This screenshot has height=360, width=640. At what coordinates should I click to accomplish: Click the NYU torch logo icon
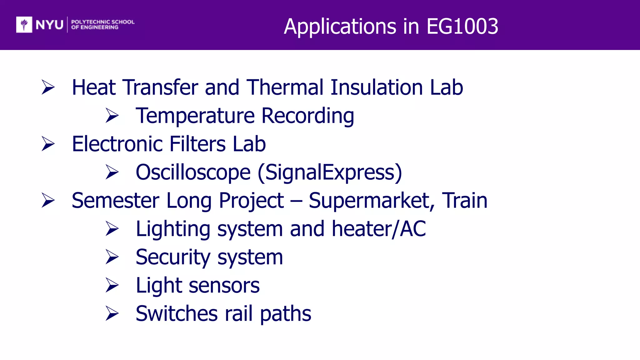pyautogui.click(x=24, y=24)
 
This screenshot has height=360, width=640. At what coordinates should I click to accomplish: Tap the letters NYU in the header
pyautogui.click(x=49, y=25)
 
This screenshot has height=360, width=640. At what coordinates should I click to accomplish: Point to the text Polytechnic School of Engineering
pyautogui.click(x=102, y=24)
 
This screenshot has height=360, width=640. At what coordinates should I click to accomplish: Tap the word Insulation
pyautogui.click(x=377, y=87)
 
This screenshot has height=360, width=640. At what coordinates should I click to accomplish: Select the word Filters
pyautogui.click(x=197, y=144)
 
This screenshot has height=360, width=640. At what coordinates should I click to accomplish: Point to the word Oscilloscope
pyautogui.click(x=193, y=172)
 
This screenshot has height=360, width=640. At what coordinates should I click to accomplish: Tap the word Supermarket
pyautogui.click(x=371, y=201)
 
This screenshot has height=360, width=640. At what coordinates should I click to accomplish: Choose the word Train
pyautogui.click(x=464, y=201)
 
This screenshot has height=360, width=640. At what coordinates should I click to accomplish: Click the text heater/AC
pyautogui.click(x=378, y=229)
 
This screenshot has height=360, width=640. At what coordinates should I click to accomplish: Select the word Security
pyautogui.click(x=173, y=257)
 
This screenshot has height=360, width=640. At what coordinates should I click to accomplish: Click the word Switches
pyautogui.click(x=177, y=314)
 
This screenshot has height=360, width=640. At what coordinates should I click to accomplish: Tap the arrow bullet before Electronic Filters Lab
pyautogui.click(x=48, y=144)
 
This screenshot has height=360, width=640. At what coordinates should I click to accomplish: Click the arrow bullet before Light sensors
pyautogui.click(x=112, y=285)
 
